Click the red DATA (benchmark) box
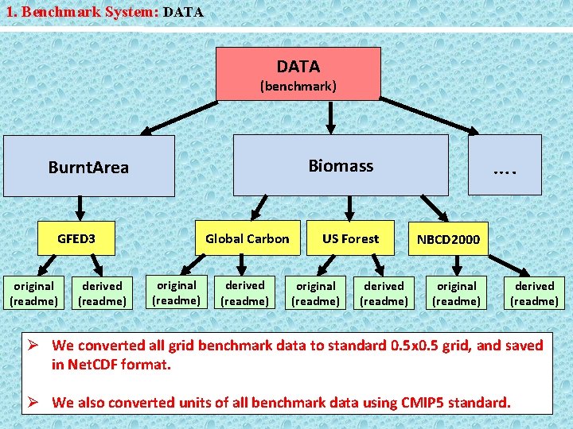click(298, 74)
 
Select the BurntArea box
click(88, 166)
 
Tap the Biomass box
click(340, 165)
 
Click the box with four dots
click(505, 165)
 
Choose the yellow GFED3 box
click(76, 238)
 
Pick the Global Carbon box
click(248, 238)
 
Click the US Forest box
click(350, 238)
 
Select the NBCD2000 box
click(448, 239)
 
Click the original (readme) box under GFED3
click(33, 293)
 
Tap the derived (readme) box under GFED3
click(102, 293)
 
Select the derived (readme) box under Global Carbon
click(244, 293)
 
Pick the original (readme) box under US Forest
click(316, 293)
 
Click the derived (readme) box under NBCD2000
click(534, 293)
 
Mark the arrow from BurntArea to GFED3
click(78, 209)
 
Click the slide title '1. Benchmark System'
click(80, 13)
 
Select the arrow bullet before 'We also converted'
click(36, 402)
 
